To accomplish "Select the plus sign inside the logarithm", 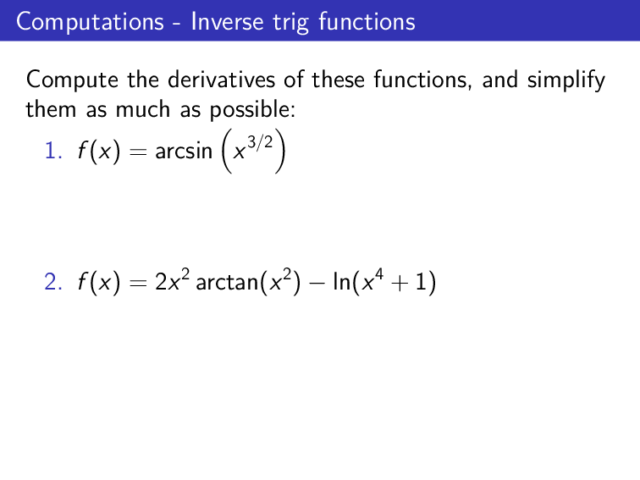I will click(x=405, y=285).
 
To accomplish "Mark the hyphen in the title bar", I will click(x=179, y=23).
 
